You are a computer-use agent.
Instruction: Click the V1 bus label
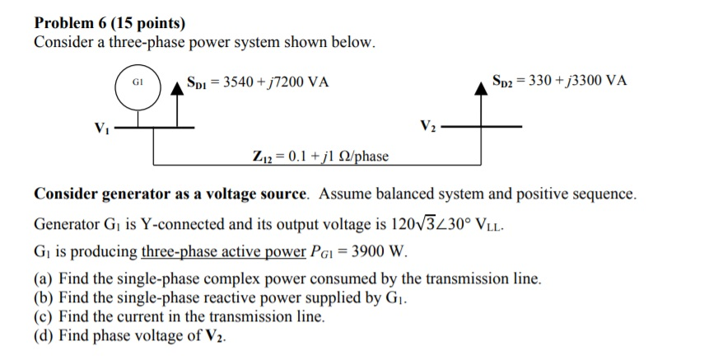(101, 129)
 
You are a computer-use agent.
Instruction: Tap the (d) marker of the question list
(43, 336)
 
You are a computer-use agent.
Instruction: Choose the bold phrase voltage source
(257, 194)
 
